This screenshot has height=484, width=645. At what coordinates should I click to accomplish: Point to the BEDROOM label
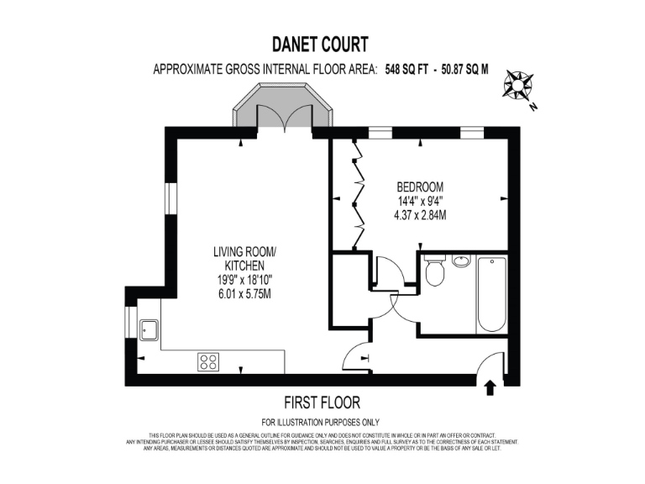point(420,187)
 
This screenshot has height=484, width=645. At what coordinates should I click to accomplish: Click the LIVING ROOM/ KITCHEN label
point(244,258)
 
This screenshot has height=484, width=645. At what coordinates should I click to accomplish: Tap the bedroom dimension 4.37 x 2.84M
point(420,215)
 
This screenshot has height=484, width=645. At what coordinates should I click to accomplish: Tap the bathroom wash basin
point(460,260)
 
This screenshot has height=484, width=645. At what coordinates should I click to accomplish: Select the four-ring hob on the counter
point(208,362)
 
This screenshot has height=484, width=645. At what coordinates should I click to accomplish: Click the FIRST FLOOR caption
point(322,403)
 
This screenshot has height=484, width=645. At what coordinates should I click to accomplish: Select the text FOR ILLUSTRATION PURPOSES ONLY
point(321,422)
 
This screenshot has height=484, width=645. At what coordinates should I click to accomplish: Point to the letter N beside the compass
point(532,107)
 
